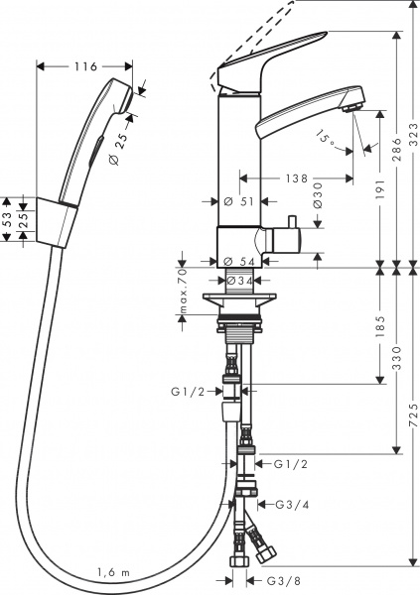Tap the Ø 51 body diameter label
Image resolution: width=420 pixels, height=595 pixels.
(x=240, y=201)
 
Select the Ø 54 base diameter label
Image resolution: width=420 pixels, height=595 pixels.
(x=240, y=261)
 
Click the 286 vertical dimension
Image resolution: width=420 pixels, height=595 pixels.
(x=395, y=149)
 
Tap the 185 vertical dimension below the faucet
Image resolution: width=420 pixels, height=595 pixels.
(x=380, y=327)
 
